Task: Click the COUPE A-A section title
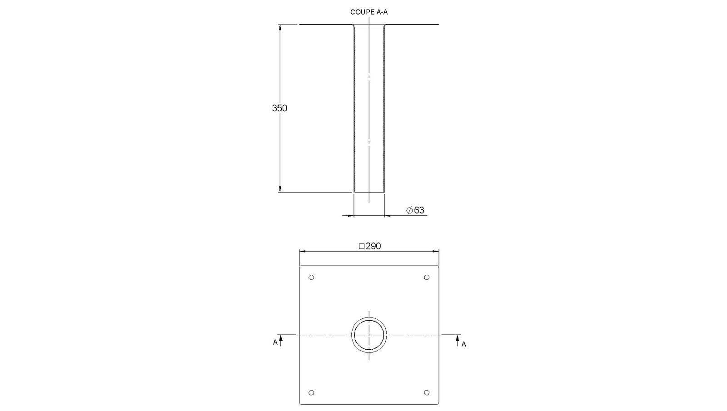click(x=368, y=12)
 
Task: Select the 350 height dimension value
click(x=279, y=108)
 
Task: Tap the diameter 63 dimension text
click(x=415, y=210)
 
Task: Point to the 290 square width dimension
click(x=370, y=246)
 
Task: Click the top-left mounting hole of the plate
click(x=311, y=277)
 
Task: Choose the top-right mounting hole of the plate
click(x=427, y=277)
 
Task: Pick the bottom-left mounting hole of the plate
click(x=311, y=392)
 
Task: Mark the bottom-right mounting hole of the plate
click(x=427, y=392)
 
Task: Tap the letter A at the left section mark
click(x=275, y=342)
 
